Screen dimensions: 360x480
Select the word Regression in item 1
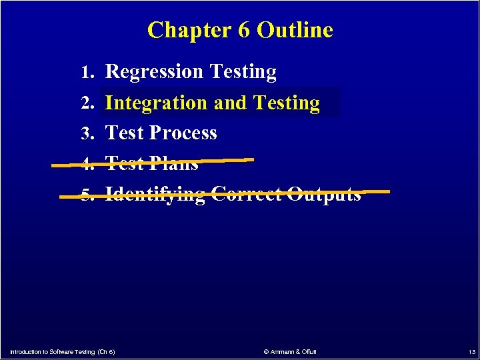click(x=155, y=72)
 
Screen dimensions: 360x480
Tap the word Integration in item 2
click(x=157, y=103)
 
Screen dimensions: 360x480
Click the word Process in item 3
click(x=183, y=133)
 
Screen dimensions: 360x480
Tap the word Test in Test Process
click(x=125, y=133)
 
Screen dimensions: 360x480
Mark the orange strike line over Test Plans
click(x=220, y=160)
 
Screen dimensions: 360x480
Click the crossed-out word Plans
click(x=174, y=163)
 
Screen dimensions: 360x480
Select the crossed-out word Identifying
click(x=155, y=195)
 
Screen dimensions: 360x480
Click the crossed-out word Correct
click(x=247, y=194)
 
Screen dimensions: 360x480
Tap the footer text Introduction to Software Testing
click(x=52, y=351)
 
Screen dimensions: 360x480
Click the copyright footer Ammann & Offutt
click(x=290, y=351)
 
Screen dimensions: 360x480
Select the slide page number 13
click(x=471, y=351)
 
